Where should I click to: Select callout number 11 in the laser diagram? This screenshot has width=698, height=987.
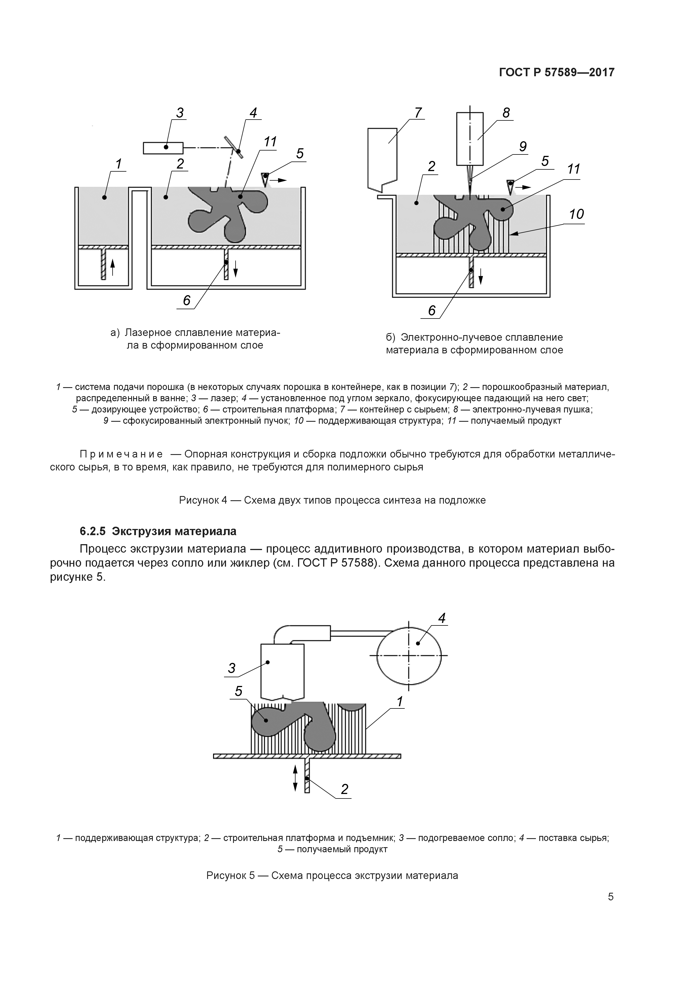270,142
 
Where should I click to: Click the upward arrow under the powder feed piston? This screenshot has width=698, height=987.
113,267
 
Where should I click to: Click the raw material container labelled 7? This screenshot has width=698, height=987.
382,158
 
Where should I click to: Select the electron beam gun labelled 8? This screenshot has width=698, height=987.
470,138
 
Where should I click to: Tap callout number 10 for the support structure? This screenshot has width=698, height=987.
576,214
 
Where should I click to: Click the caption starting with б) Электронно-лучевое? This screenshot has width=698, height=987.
474,344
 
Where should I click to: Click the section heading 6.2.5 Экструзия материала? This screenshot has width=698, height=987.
158,531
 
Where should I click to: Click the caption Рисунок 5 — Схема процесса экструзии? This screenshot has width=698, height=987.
332,875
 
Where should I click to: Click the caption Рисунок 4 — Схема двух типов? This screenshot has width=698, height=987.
332,500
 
